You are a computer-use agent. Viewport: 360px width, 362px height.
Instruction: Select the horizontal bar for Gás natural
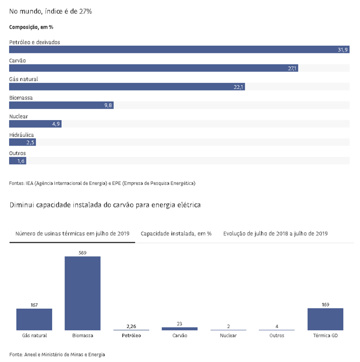pos(127,87)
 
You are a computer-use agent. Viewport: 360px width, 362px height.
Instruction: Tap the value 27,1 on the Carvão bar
pos(292,68)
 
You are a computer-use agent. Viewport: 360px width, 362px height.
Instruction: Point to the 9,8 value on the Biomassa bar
pos(108,105)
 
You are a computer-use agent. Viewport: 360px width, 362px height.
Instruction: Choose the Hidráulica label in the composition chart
pos(22,135)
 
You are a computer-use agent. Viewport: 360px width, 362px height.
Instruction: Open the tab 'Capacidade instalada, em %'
pos(176,234)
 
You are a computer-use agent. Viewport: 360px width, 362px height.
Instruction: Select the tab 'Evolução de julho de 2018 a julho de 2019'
pos(275,234)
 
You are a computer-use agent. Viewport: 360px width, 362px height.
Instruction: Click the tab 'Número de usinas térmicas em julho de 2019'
pos(72,234)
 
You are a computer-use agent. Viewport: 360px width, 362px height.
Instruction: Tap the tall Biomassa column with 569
pos(82,293)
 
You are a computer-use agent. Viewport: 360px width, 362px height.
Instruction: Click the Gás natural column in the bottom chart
pos(34,319)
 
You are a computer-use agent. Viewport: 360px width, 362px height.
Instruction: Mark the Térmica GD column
pos(325,319)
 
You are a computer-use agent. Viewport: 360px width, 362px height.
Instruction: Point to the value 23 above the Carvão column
pos(179,324)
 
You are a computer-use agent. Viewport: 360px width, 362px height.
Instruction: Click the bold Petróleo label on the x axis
pos(131,336)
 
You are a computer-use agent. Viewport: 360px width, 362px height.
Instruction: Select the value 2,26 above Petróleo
pos(131,326)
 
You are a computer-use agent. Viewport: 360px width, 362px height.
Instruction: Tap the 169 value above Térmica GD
pos(325,305)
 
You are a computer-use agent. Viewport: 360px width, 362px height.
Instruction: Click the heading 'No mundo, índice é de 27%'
pos(51,11)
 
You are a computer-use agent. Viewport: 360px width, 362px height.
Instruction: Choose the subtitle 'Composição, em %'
pos(31,27)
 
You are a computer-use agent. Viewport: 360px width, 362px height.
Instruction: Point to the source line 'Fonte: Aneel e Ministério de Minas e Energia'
pos(57,354)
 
